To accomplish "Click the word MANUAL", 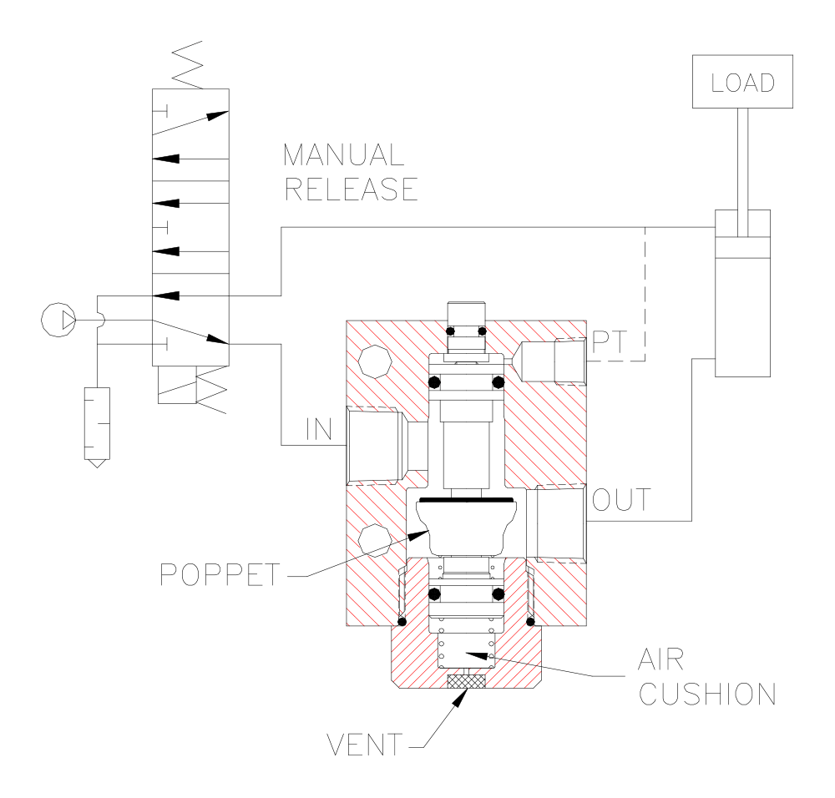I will coord(343,155).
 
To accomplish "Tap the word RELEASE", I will coord(351,189).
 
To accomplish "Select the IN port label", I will coord(319,430).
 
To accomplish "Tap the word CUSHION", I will coord(707,694).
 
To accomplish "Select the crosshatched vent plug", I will coord(466,681).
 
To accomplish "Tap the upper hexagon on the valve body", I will coord(373,361).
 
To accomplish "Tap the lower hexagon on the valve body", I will coord(373,538).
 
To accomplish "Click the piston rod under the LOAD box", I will coord(742,159).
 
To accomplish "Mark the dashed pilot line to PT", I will coord(645,292).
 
